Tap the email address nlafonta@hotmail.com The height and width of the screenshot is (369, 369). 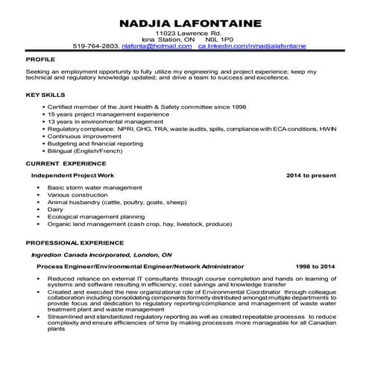tap(166, 46)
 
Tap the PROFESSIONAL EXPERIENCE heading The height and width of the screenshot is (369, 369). tap(75, 243)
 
